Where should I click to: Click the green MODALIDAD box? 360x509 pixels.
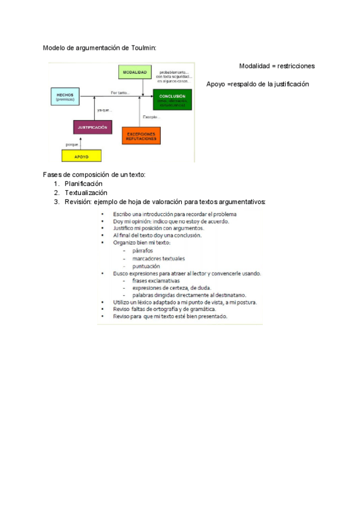point(135,72)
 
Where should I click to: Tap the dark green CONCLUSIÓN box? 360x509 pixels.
point(172,99)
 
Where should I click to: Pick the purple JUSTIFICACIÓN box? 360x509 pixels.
point(92,127)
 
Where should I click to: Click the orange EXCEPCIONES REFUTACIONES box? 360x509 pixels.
point(142,136)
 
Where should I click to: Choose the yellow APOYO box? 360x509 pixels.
point(82,156)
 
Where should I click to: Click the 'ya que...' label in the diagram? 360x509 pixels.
point(104,110)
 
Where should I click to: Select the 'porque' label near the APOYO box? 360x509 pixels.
point(73,145)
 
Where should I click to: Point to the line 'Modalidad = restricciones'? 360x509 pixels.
point(277,66)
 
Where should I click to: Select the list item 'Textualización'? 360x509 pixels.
point(86,193)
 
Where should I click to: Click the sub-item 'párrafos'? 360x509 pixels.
point(142,250)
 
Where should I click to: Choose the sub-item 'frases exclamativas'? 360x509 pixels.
point(156,280)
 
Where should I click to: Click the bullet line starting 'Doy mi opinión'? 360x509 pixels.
point(171,221)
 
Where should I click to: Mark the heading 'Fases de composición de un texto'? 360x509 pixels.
point(94,175)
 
